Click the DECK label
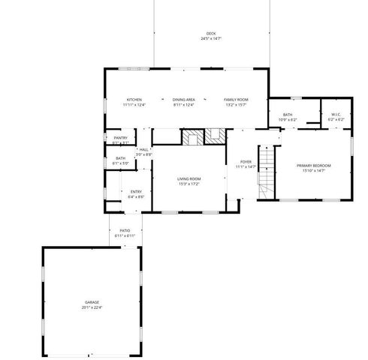coord(211,33)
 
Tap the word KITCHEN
coord(134,100)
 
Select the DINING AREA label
coord(184,100)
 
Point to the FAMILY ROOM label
coord(236,100)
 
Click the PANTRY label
coord(120,138)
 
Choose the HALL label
coord(143,149)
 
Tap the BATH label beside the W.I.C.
coord(288,114)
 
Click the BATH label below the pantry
coord(120,157)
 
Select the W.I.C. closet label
coord(336,114)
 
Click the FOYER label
coord(246,161)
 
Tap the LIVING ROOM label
coord(189,178)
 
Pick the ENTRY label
coord(136,192)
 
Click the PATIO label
coord(125,231)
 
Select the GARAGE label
coord(91,301)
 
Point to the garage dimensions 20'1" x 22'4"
coord(91,307)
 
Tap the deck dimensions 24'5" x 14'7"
coord(211,38)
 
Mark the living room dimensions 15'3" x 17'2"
coord(189,183)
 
